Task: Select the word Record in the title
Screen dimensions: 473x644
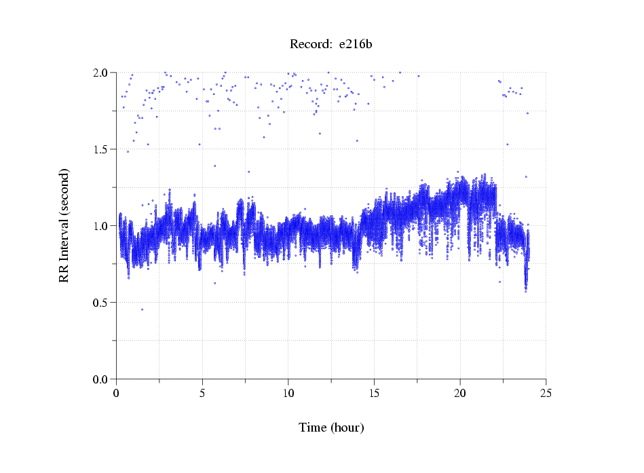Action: click(x=310, y=45)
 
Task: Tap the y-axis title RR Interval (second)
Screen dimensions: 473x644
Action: click(x=64, y=225)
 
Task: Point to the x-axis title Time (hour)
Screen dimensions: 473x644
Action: click(x=331, y=428)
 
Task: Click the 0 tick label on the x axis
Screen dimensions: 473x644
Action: click(x=117, y=392)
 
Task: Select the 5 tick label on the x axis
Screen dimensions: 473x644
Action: click(x=202, y=392)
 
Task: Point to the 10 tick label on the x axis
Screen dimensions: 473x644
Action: click(x=288, y=392)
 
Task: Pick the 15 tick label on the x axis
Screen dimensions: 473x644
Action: click(x=375, y=392)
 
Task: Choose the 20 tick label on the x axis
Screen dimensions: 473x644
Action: click(x=460, y=392)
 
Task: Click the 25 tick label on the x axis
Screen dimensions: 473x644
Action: click(x=546, y=392)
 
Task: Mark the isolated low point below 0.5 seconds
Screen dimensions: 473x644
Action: click(x=142, y=309)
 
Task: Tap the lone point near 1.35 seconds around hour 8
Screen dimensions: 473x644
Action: click(x=248, y=172)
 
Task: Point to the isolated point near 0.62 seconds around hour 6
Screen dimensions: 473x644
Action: click(x=214, y=283)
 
